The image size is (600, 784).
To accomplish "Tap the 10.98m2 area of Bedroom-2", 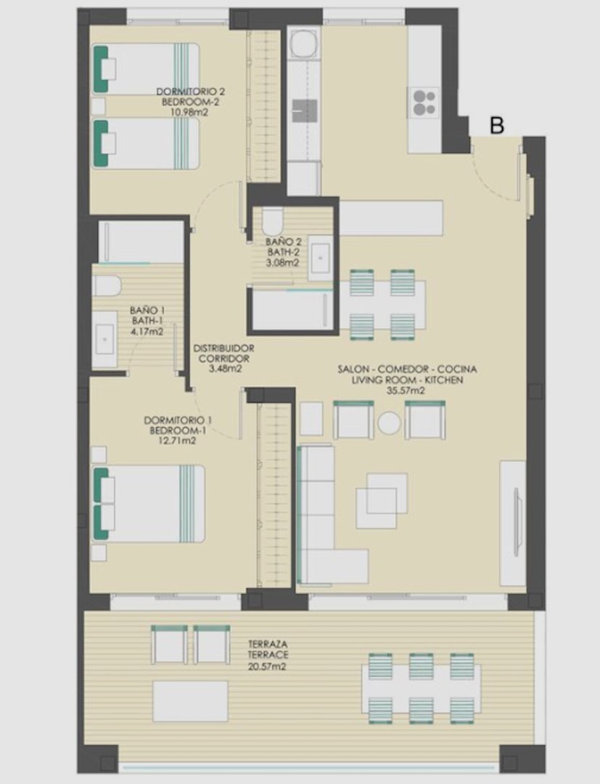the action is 189,113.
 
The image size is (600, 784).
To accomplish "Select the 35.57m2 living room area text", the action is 406,391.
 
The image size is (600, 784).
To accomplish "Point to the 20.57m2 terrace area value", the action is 267,666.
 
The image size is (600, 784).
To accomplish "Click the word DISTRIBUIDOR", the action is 223,348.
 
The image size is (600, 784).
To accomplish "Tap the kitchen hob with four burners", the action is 424,102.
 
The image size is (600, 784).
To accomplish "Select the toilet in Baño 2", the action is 273,221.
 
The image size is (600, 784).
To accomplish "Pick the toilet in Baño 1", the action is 107,285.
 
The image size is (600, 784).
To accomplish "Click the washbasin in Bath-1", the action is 104,339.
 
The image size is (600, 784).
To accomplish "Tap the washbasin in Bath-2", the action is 319,258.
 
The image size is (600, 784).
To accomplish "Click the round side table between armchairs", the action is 389,422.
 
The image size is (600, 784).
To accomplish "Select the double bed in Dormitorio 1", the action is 149,504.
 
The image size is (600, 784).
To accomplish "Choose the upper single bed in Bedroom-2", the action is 146,69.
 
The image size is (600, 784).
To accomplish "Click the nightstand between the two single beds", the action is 99,107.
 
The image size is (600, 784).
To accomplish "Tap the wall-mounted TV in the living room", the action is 518,521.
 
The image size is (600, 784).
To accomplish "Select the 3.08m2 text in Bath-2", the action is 283,263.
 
